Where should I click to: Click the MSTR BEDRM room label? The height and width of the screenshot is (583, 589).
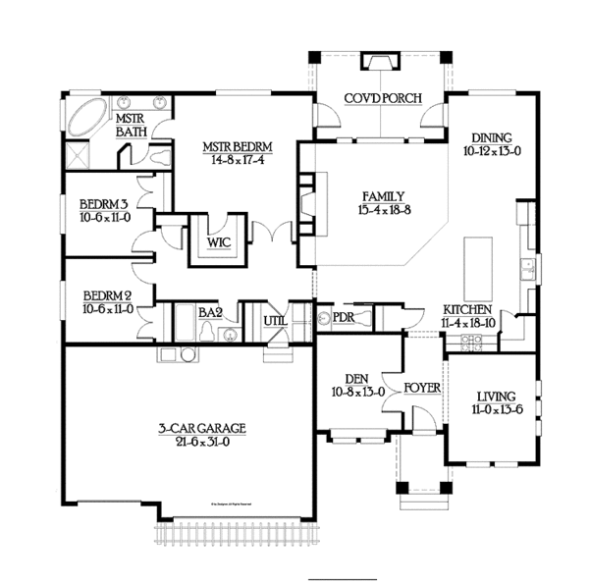[238, 147]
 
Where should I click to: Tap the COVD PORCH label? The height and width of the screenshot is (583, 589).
[383, 97]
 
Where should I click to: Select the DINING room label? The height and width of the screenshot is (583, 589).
[492, 137]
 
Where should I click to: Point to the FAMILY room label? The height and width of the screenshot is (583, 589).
[382, 195]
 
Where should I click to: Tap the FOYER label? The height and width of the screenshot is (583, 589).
[422, 387]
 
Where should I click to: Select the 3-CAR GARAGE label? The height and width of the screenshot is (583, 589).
[201, 428]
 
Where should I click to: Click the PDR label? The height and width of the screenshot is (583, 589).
[343, 317]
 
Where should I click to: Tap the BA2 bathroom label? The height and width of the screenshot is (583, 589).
[210, 312]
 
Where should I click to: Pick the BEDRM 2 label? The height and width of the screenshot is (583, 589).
[108, 295]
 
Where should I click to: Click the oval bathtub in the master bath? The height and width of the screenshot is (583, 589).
[87, 118]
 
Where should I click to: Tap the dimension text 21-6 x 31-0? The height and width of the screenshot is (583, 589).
[201, 442]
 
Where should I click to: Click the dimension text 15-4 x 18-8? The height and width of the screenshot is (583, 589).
[382, 209]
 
